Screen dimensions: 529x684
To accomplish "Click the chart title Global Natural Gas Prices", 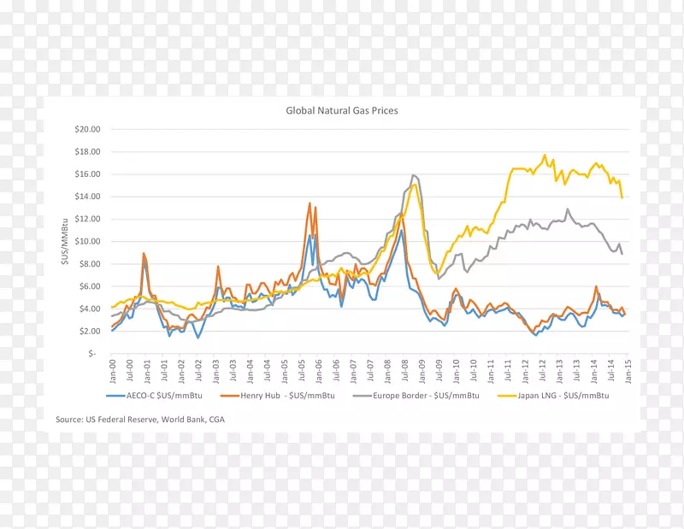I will tap(341, 110).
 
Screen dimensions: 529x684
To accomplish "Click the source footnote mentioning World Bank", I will tap(140, 420).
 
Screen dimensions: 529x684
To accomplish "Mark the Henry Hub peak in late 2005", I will tap(310, 203).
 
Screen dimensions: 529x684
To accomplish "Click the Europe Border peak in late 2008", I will tap(413, 175).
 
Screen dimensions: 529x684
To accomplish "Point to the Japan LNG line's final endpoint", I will tap(622, 197).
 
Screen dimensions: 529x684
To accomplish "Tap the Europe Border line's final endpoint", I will tap(622, 254).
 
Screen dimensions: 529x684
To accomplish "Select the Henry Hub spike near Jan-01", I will tap(144, 254).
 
